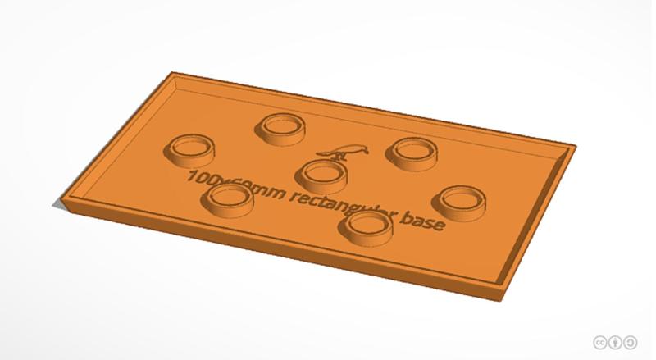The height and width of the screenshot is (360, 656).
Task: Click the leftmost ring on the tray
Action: click(190, 148)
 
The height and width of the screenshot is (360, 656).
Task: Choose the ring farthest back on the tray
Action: click(280, 126)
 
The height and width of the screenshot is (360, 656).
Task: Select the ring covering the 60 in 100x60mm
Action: click(229, 198)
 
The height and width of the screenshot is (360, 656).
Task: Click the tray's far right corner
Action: click(573, 148)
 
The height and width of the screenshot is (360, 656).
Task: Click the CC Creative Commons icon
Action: click(599, 342)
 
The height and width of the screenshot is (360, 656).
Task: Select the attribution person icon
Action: click(616, 342)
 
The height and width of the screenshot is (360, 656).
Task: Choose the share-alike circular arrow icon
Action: click(632, 342)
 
